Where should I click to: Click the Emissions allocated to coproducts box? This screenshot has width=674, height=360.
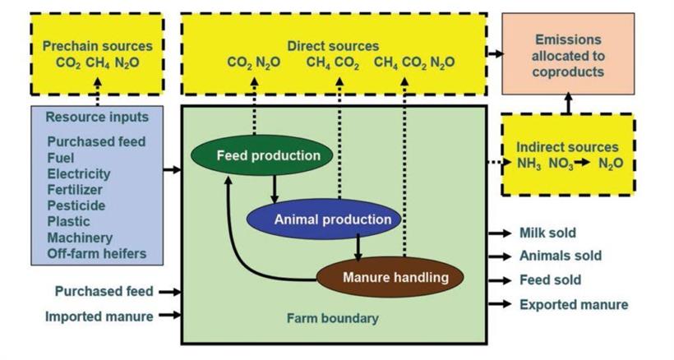click(x=568, y=56)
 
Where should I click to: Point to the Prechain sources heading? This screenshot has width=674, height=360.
click(x=97, y=46)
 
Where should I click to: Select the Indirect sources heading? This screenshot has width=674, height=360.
click(x=567, y=147)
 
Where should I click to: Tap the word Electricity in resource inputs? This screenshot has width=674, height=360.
click(x=79, y=174)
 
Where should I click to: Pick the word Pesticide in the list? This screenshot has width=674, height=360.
click(x=75, y=205)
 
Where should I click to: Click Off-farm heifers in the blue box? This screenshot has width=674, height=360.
click(x=96, y=253)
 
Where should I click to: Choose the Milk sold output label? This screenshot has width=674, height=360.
click(x=547, y=233)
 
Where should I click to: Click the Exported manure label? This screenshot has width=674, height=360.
click(x=574, y=305)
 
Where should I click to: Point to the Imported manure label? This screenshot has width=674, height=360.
click(x=99, y=316)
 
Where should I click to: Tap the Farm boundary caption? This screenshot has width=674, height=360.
click(x=333, y=318)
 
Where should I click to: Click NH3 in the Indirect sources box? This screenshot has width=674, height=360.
click(x=529, y=164)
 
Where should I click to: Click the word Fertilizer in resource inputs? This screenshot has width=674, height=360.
click(x=75, y=190)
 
